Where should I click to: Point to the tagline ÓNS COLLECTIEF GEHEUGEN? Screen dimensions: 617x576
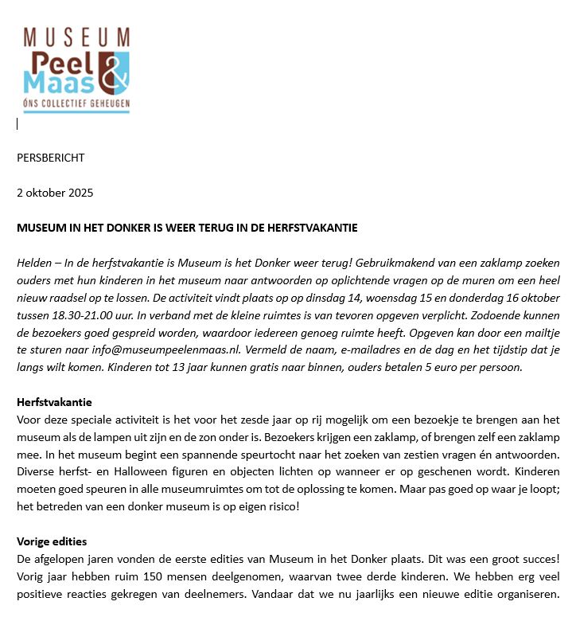[x=76, y=104]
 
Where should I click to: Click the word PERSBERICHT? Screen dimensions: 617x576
[x=50, y=158]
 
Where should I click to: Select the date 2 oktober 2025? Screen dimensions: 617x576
[x=55, y=193]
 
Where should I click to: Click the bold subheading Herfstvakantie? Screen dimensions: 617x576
[x=54, y=402]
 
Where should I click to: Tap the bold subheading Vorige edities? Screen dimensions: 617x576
[x=52, y=541]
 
